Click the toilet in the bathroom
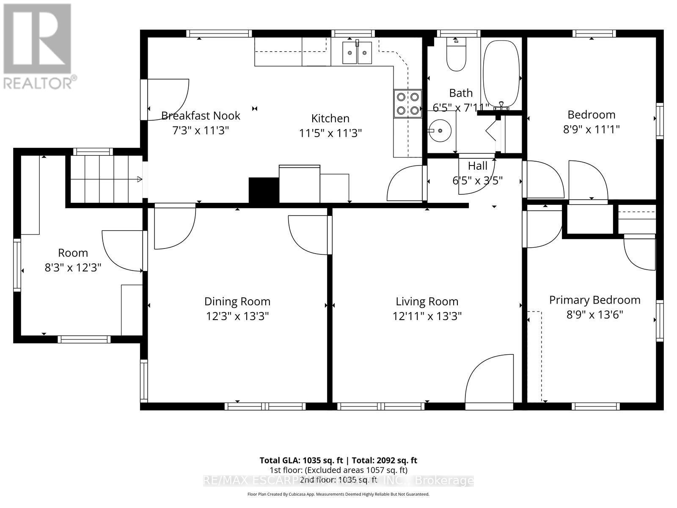pyautogui.click(x=456, y=57)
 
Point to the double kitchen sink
pyautogui.click(x=357, y=52)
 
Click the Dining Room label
pyautogui.click(x=237, y=301)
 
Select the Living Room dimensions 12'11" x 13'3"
pyautogui.click(x=427, y=316)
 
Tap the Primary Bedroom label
pyautogui.click(x=594, y=300)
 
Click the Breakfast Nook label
pyautogui.click(x=201, y=116)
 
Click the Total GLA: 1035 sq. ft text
pyautogui.click(x=300, y=460)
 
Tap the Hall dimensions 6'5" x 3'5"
pyautogui.click(x=477, y=181)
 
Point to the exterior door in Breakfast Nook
pyautogui.click(x=167, y=100)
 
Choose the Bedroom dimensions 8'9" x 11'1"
pyautogui.click(x=591, y=129)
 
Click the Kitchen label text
pyautogui.click(x=330, y=118)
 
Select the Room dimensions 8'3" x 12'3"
pyautogui.click(x=73, y=268)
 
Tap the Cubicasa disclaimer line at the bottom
pyautogui.click(x=338, y=494)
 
